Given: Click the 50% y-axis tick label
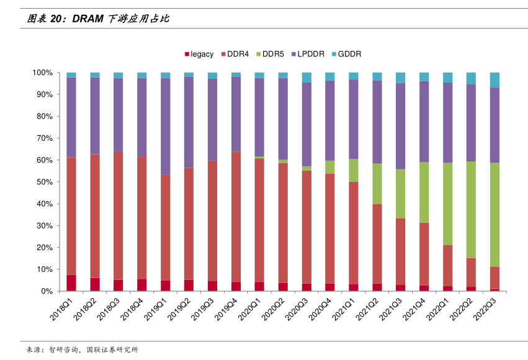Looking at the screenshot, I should coord(45,182).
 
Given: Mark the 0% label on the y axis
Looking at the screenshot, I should coord(47,291).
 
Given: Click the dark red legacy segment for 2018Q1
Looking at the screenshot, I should coord(71,282).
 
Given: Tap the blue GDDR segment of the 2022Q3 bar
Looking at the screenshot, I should coord(494,79).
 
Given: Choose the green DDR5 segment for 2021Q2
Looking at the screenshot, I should coord(377,184).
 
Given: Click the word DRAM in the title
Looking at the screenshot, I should coord(89,19).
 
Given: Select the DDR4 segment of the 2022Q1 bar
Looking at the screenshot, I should coord(447,265).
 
